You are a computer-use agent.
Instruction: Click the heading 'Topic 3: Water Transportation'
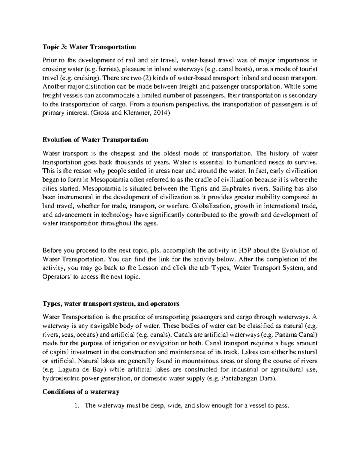[89, 47]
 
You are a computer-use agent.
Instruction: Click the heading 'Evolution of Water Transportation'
[95, 140]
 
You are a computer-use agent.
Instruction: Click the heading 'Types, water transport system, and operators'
[111, 304]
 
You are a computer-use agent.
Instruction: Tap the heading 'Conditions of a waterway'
[81, 392]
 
